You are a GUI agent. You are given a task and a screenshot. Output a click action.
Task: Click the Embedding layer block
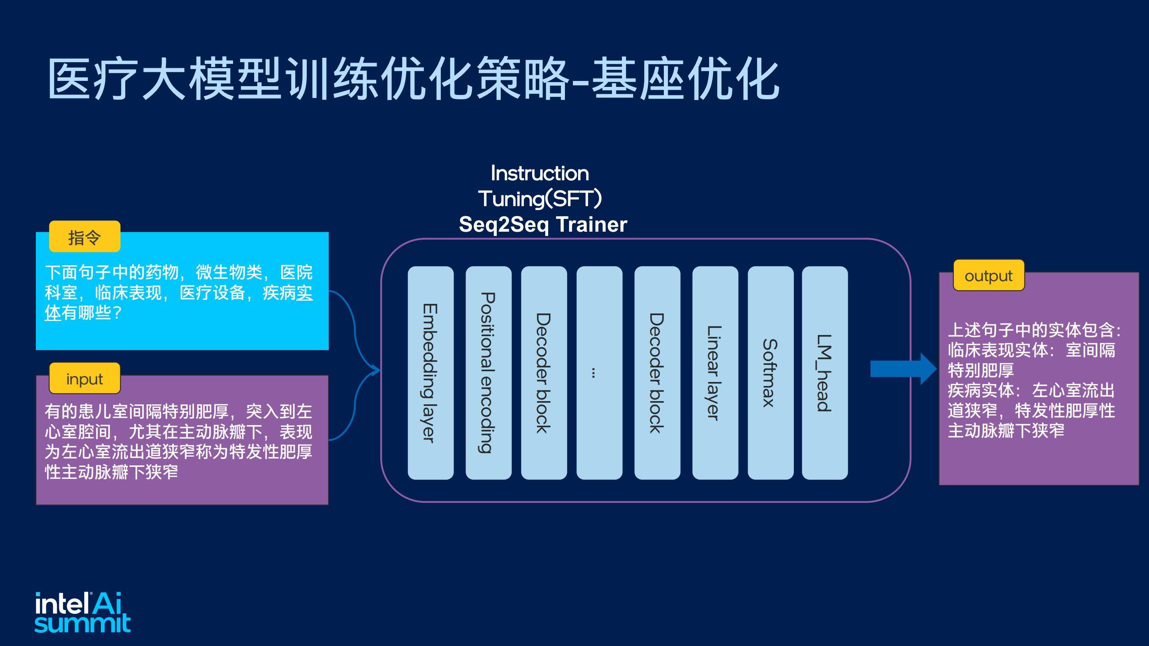[x=430, y=373]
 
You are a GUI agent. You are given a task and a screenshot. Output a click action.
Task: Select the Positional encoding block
[x=488, y=373]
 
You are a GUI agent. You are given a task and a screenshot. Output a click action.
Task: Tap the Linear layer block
[x=715, y=373]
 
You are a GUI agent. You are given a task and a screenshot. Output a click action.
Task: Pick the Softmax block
[x=770, y=373]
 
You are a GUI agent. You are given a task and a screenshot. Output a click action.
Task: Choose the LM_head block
[x=825, y=373]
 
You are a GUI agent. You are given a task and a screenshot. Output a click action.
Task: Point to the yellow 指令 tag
[x=85, y=236]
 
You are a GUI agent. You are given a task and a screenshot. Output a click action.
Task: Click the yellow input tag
[x=85, y=378]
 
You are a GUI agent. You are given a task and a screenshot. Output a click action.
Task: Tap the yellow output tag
[x=989, y=276]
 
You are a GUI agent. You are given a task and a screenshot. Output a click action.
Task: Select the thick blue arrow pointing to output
[x=903, y=369]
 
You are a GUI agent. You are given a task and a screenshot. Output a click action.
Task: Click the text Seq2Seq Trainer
[x=543, y=224]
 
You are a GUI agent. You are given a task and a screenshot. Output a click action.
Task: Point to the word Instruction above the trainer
[x=540, y=173]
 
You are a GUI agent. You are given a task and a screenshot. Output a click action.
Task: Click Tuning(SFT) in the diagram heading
[x=540, y=199]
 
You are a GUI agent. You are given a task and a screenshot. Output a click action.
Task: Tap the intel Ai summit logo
[x=83, y=612]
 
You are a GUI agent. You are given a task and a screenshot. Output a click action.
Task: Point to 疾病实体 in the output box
[x=980, y=390]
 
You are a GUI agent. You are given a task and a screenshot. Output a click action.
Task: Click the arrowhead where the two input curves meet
[x=377, y=370]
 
